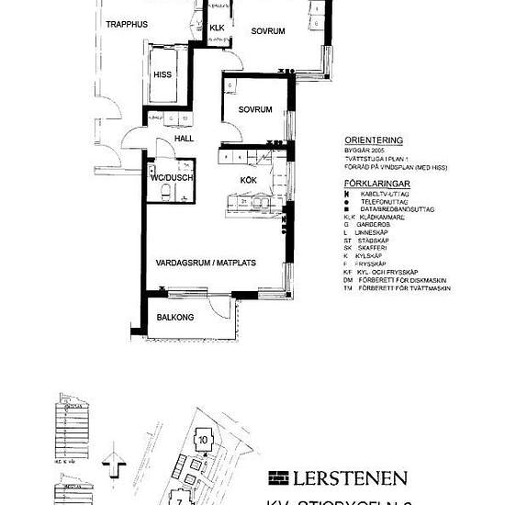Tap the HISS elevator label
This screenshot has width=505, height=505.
tap(163, 74)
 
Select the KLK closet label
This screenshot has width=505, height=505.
tap(217, 28)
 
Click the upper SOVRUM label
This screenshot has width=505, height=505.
tap(268, 31)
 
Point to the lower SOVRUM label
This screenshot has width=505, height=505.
tap(255, 109)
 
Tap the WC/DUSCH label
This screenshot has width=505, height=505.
tap(173, 178)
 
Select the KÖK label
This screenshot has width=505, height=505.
tap(248, 180)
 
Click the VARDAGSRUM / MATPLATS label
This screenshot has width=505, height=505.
tap(206, 262)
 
